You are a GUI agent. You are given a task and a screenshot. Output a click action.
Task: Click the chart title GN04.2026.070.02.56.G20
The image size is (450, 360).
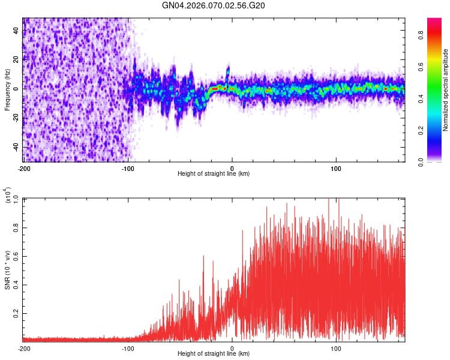click(214, 5)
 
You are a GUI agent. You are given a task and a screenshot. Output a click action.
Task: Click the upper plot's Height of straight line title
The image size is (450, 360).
click(214, 173)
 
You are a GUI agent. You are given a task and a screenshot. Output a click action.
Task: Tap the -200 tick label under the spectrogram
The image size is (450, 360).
click(24, 168)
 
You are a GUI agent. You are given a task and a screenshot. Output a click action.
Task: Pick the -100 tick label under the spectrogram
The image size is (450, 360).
click(128, 168)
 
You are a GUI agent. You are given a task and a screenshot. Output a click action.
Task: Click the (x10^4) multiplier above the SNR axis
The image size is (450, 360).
click(8, 196)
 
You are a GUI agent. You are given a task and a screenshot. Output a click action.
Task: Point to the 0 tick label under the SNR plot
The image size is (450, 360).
click(232, 348)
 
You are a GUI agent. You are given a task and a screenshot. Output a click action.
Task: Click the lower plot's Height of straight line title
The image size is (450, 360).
click(214, 354)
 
